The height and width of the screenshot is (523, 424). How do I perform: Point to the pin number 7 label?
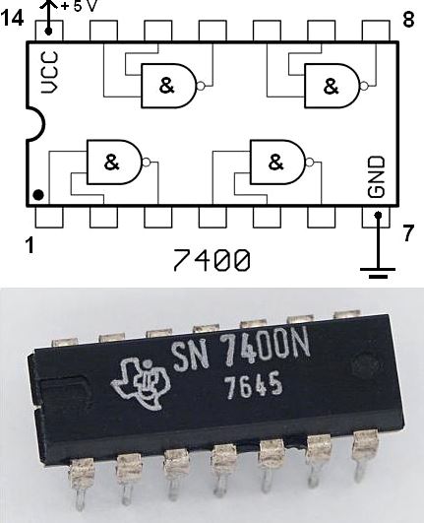tap(409, 233)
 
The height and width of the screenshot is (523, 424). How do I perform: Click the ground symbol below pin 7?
tap(377, 269)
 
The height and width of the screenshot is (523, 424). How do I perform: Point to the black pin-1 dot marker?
tap(37, 194)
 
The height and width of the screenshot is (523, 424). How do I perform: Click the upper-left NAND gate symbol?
tap(169, 86)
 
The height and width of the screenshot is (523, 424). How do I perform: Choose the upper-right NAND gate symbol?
tap(332, 86)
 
